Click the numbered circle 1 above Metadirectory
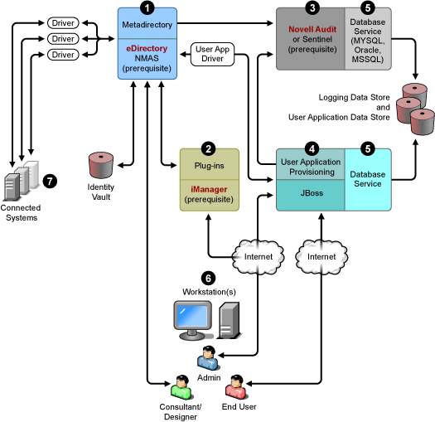pos(147,7)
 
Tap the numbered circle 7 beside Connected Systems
pos(50,182)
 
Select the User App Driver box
pos(212,54)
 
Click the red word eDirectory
pos(147,48)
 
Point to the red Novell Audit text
pos(312,29)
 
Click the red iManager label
pos(209,189)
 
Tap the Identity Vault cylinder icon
pos(101,165)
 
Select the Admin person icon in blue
pos(208,358)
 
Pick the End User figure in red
pos(237,386)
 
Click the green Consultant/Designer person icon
pos(181,386)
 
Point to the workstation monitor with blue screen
pos(193,320)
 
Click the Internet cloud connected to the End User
pos(321,257)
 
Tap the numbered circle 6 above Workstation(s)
pos(208,279)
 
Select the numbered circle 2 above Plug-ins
pos(208,148)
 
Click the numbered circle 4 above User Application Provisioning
pos(312,148)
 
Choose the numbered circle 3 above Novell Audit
pos(312,7)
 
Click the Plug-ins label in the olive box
pos(209,166)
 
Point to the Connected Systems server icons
pos(21,181)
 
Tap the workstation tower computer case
pos(228,320)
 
